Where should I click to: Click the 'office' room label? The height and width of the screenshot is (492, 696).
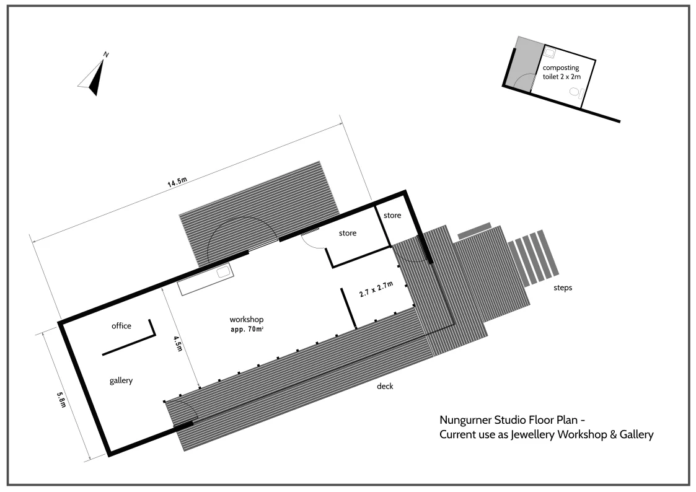coord(121,326)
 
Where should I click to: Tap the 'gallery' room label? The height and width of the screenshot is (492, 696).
coord(121,380)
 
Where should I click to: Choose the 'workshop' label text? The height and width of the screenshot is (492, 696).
coord(247,319)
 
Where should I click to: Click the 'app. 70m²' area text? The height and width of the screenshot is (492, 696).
coord(248,330)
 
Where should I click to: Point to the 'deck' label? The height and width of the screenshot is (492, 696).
coord(385,387)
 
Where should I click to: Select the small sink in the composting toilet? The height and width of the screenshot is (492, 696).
coord(550,53)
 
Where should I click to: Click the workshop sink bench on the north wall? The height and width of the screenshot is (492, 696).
coord(205,279)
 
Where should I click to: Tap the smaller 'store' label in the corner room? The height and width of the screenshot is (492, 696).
coord(392,216)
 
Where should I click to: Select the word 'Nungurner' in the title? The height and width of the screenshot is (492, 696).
coord(465,420)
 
